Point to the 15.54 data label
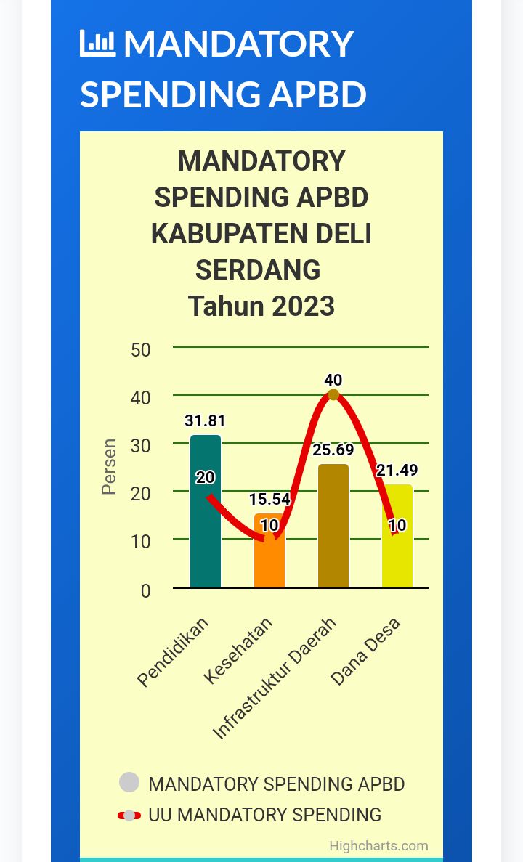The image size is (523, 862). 269,500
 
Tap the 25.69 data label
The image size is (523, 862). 333,450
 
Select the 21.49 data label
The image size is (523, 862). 397,471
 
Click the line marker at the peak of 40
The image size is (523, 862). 333,394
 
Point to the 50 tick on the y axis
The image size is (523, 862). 141,350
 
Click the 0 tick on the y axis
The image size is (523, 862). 145,591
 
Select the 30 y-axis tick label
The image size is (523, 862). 141,446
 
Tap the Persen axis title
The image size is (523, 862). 109,466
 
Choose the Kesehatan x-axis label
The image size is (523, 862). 240,651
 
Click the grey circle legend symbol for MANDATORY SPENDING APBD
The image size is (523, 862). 129,783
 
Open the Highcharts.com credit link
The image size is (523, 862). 378,845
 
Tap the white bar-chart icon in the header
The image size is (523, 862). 97,44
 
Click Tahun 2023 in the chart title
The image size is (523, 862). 261,306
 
